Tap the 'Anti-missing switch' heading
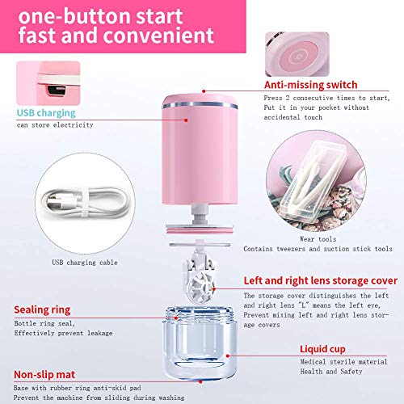click(311, 83)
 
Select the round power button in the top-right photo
click(299, 53)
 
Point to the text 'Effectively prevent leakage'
click(56, 330)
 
